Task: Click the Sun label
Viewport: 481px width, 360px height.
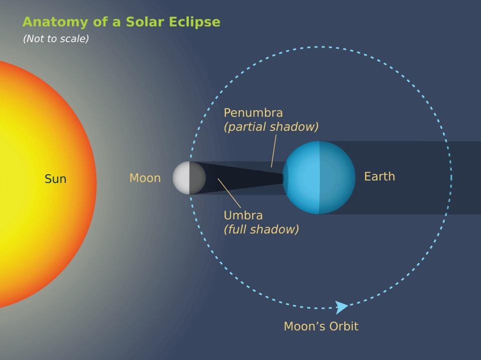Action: coord(55,179)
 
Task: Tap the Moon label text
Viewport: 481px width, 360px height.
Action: coord(145,178)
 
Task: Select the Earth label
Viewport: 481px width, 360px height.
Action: coord(379,176)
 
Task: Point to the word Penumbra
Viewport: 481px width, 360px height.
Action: coord(253,112)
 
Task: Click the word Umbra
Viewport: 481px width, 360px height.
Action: coord(243,216)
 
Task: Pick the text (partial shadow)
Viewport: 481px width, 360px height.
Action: coord(271,127)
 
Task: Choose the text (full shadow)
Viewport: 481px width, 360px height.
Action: coord(261,230)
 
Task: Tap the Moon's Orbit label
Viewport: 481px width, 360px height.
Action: coord(321,326)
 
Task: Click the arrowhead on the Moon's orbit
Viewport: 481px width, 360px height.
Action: coord(342,307)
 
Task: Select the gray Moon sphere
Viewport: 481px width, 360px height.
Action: coord(189,178)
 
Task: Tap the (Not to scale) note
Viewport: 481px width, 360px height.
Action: coord(56,39)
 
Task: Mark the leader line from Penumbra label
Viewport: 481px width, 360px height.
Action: coord(274,150)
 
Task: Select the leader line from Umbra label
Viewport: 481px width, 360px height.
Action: coord(229,192)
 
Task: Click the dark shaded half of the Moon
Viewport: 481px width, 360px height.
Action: coord(197,178)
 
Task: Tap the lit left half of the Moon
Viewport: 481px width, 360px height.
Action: coord(181,178)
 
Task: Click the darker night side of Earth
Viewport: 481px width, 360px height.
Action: coord(337,177)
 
